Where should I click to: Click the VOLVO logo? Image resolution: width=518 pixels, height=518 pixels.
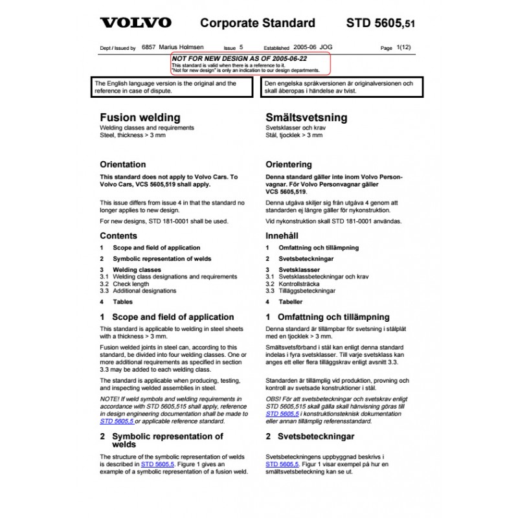pos(135,23)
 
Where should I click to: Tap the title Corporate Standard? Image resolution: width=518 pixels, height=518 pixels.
pos(258,23)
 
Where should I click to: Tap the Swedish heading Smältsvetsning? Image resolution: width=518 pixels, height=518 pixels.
pos(306,118)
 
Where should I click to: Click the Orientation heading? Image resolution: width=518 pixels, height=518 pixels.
pos(122,164)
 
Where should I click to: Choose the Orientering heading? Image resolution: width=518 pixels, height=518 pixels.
pos(289,164)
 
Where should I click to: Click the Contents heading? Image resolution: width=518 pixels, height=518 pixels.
pos(118,236)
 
